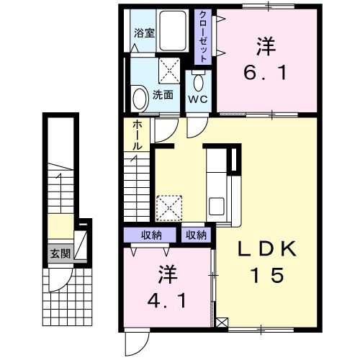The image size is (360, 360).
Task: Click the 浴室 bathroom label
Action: click(145, 33)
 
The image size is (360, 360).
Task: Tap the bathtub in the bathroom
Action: click(173, 32)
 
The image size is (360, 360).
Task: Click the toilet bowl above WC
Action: click(199, 81)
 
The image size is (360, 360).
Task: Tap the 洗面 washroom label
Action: click(163, 94)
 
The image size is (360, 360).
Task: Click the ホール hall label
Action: click(137, 135)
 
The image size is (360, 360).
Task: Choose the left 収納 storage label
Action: click(151, 235)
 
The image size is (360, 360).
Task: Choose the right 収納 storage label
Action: click(197, 235)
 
